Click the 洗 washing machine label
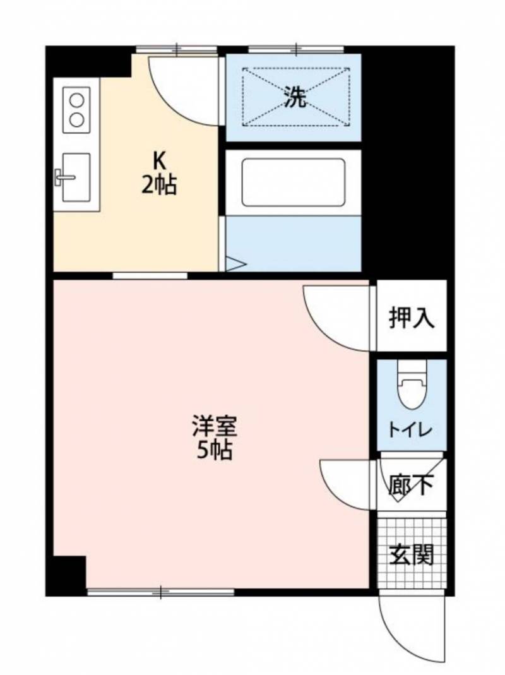(295, 97)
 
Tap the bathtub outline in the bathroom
(293, 160)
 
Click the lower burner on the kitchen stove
(76, 119)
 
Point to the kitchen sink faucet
(64, 177)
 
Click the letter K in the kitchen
(159, 162)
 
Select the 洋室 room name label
(215, 427)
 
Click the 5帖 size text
(215, 450)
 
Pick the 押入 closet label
(412, 318)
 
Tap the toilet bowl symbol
(413, 386)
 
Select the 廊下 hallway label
(411, 485)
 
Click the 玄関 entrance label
(411, 554)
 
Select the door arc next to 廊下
(334, 493)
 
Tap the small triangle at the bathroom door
(235, 263)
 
